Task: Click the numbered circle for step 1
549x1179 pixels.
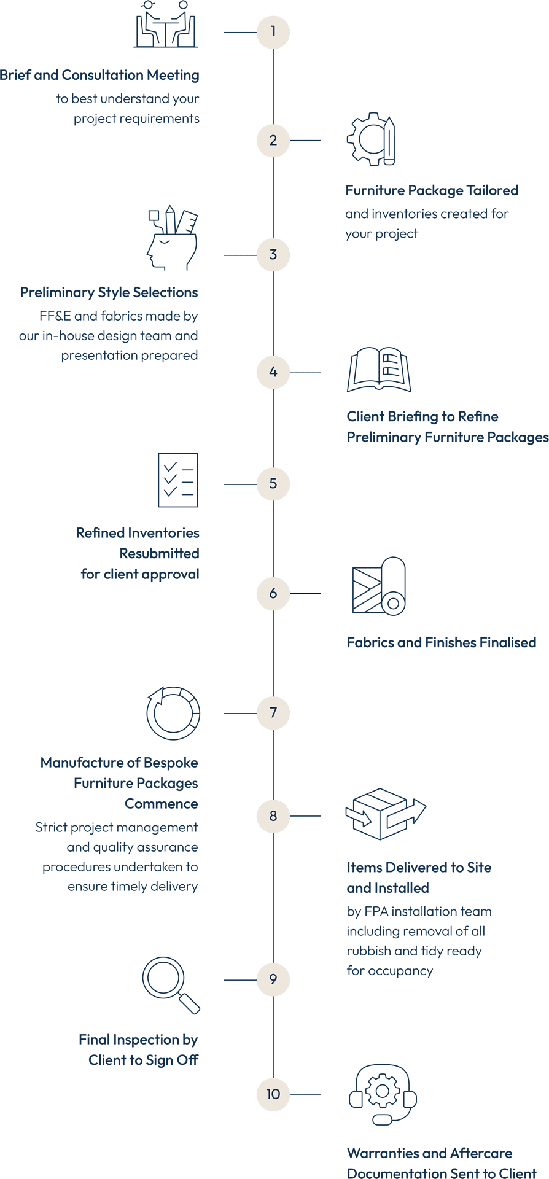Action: coord(273,31)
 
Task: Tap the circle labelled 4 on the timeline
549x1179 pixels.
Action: coord(273,372)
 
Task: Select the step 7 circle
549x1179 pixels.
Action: coord(273,712)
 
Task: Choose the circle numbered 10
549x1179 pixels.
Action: coord(273,1094)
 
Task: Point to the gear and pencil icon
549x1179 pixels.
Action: coord(371,139)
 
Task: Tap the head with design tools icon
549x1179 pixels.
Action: coord(172,239)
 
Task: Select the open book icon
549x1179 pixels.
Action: coord(379,370)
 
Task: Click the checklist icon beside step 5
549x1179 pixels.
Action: coord(178,481)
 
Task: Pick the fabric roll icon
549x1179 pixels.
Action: coord(379,586)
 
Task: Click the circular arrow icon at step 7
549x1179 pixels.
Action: coord(173,713)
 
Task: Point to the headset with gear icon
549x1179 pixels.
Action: coord(383,1095)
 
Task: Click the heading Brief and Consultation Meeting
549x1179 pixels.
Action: coord(99,76)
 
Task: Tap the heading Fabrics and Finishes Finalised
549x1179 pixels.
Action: coord(441,643)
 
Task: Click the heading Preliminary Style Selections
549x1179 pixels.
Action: coord(109,293)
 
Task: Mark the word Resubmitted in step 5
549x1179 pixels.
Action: coord(159,554)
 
